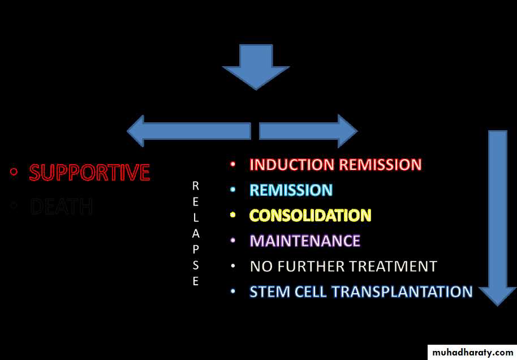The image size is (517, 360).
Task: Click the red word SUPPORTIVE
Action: (89, 173)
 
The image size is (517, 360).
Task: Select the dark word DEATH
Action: (61, 207)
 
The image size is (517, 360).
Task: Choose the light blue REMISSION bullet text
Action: (291, 190)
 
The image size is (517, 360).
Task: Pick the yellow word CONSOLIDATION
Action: (310, 216)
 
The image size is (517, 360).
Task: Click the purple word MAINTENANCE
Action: (305, 241)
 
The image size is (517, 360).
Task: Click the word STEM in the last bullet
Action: (268, 292)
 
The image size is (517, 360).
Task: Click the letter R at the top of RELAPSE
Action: (196, 185)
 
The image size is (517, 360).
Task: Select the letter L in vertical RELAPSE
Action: (196, 217)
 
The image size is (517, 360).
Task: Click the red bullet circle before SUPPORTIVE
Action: (14, 172)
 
